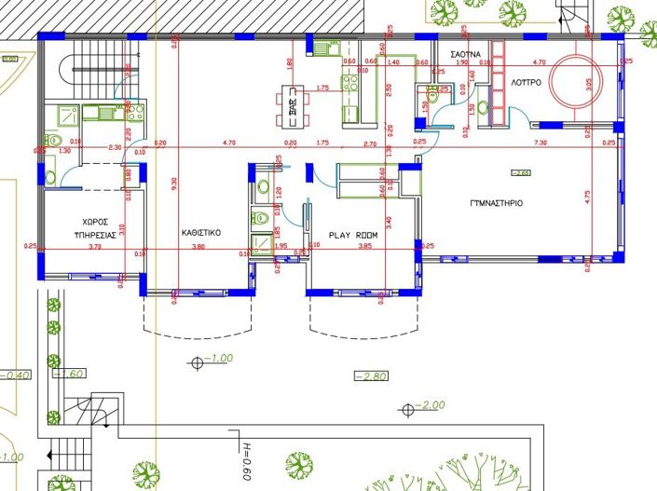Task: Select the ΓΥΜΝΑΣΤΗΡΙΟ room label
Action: click(x=497, y=202)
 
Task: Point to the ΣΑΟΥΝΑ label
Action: click(x=466, y=55)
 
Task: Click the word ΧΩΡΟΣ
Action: click(x=96, y=223)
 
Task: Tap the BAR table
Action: click(x=293, y=102)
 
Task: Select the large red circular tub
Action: click(x=577, y=82)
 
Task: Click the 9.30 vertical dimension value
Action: click(x=174, y=185)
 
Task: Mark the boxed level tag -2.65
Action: click(x=519, y=172)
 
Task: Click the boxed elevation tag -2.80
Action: click(x=369, y=375)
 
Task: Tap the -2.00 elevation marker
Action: click(x=430, y=406)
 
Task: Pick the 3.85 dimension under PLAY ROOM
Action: click(x=364, y=246)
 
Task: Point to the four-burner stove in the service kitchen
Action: click(x=134, y=114)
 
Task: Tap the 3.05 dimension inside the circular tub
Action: click(x=588, y=83)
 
